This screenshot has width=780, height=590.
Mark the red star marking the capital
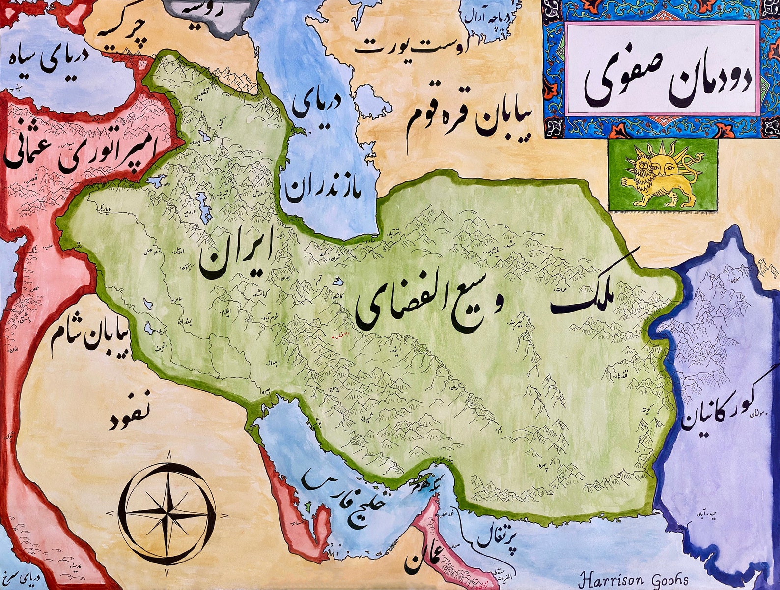point(334,337)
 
